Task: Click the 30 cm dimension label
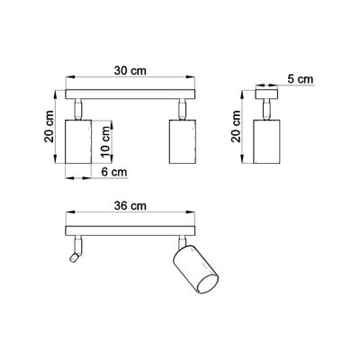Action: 130,71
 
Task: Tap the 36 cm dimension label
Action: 130,206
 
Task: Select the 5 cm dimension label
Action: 300,79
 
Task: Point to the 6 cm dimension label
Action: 114,172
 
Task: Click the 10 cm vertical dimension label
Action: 105,141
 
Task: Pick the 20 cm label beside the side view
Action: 236,126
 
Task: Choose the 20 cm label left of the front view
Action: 49,126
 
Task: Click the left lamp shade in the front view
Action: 78,141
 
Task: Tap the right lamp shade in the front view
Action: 183,141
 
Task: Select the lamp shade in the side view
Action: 266,141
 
